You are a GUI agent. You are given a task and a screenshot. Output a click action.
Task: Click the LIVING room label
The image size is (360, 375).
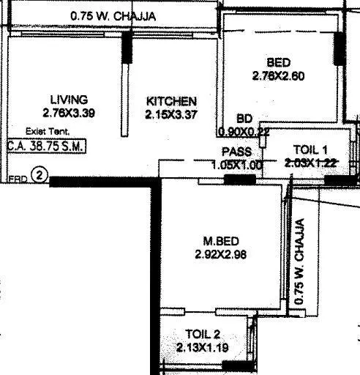point(69,100)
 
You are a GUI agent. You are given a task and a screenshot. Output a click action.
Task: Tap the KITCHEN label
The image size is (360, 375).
point(171,101)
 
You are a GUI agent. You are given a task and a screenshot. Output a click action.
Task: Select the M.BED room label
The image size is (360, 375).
point(220,241)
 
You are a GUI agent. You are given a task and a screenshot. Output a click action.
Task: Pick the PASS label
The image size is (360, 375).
point(237,152)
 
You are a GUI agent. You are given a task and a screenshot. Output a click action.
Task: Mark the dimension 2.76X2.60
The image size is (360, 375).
point(278,75)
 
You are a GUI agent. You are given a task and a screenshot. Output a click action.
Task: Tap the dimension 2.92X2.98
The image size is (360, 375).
point(220,254)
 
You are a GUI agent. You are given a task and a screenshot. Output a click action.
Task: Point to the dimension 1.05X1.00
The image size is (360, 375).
point(236,165)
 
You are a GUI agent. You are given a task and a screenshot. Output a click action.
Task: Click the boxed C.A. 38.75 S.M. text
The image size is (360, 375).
point(46,146)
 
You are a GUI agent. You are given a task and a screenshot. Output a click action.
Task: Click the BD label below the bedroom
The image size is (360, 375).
point(244,119)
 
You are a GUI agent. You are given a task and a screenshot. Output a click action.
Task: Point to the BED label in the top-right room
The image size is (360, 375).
point(279,62)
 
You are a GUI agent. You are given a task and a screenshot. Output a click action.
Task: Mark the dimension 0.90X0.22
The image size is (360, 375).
point(244,132)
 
